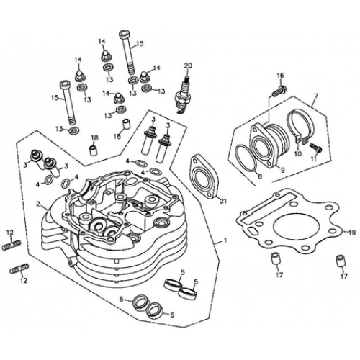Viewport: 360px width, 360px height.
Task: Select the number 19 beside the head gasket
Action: pyautogui.click(x=351, y=233)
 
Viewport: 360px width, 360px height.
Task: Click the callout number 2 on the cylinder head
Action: pyautogui.click(x=37, y=204)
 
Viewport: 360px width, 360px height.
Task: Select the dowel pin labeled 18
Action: pyautogui.click(x=94, y=150)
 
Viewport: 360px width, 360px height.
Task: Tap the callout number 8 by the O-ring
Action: pyautogui.click(x=258, y=174)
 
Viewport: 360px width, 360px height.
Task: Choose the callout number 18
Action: pyautogui.click(x=94, y=137)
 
